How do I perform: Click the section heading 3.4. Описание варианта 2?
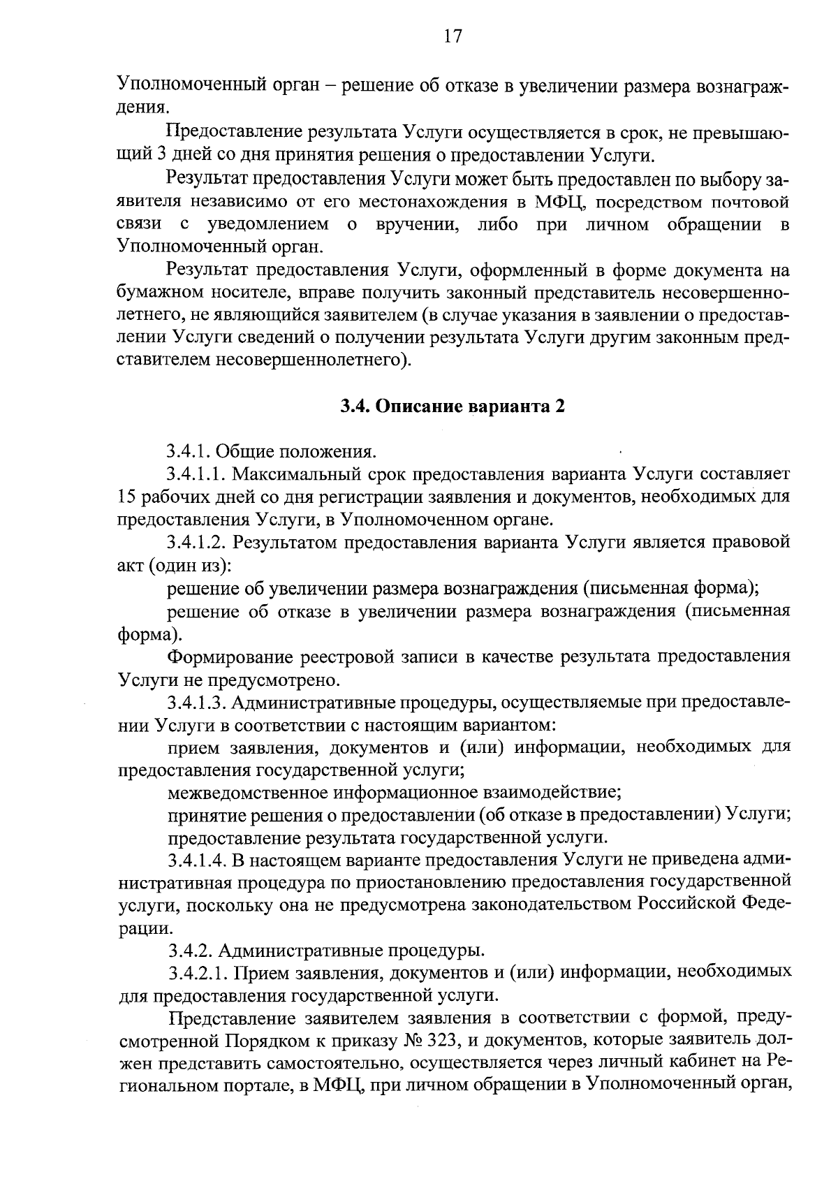[x=452, y=407]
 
